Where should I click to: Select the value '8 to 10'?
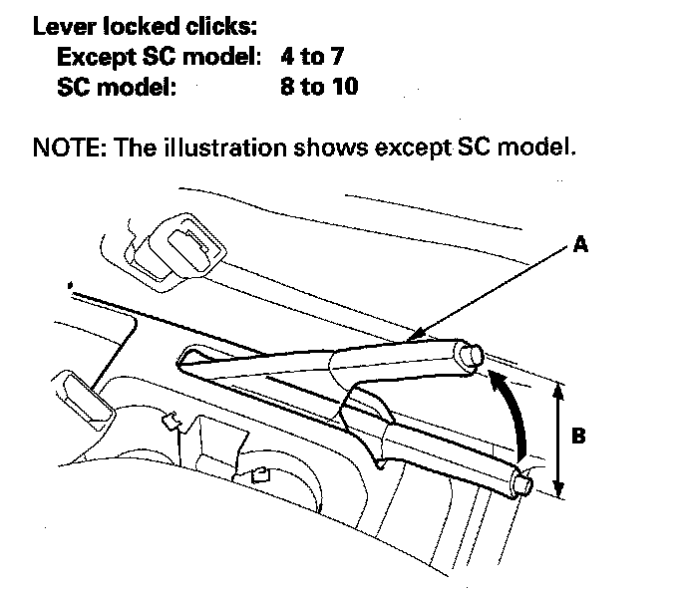321,87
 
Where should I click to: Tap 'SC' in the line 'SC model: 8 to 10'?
75,87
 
